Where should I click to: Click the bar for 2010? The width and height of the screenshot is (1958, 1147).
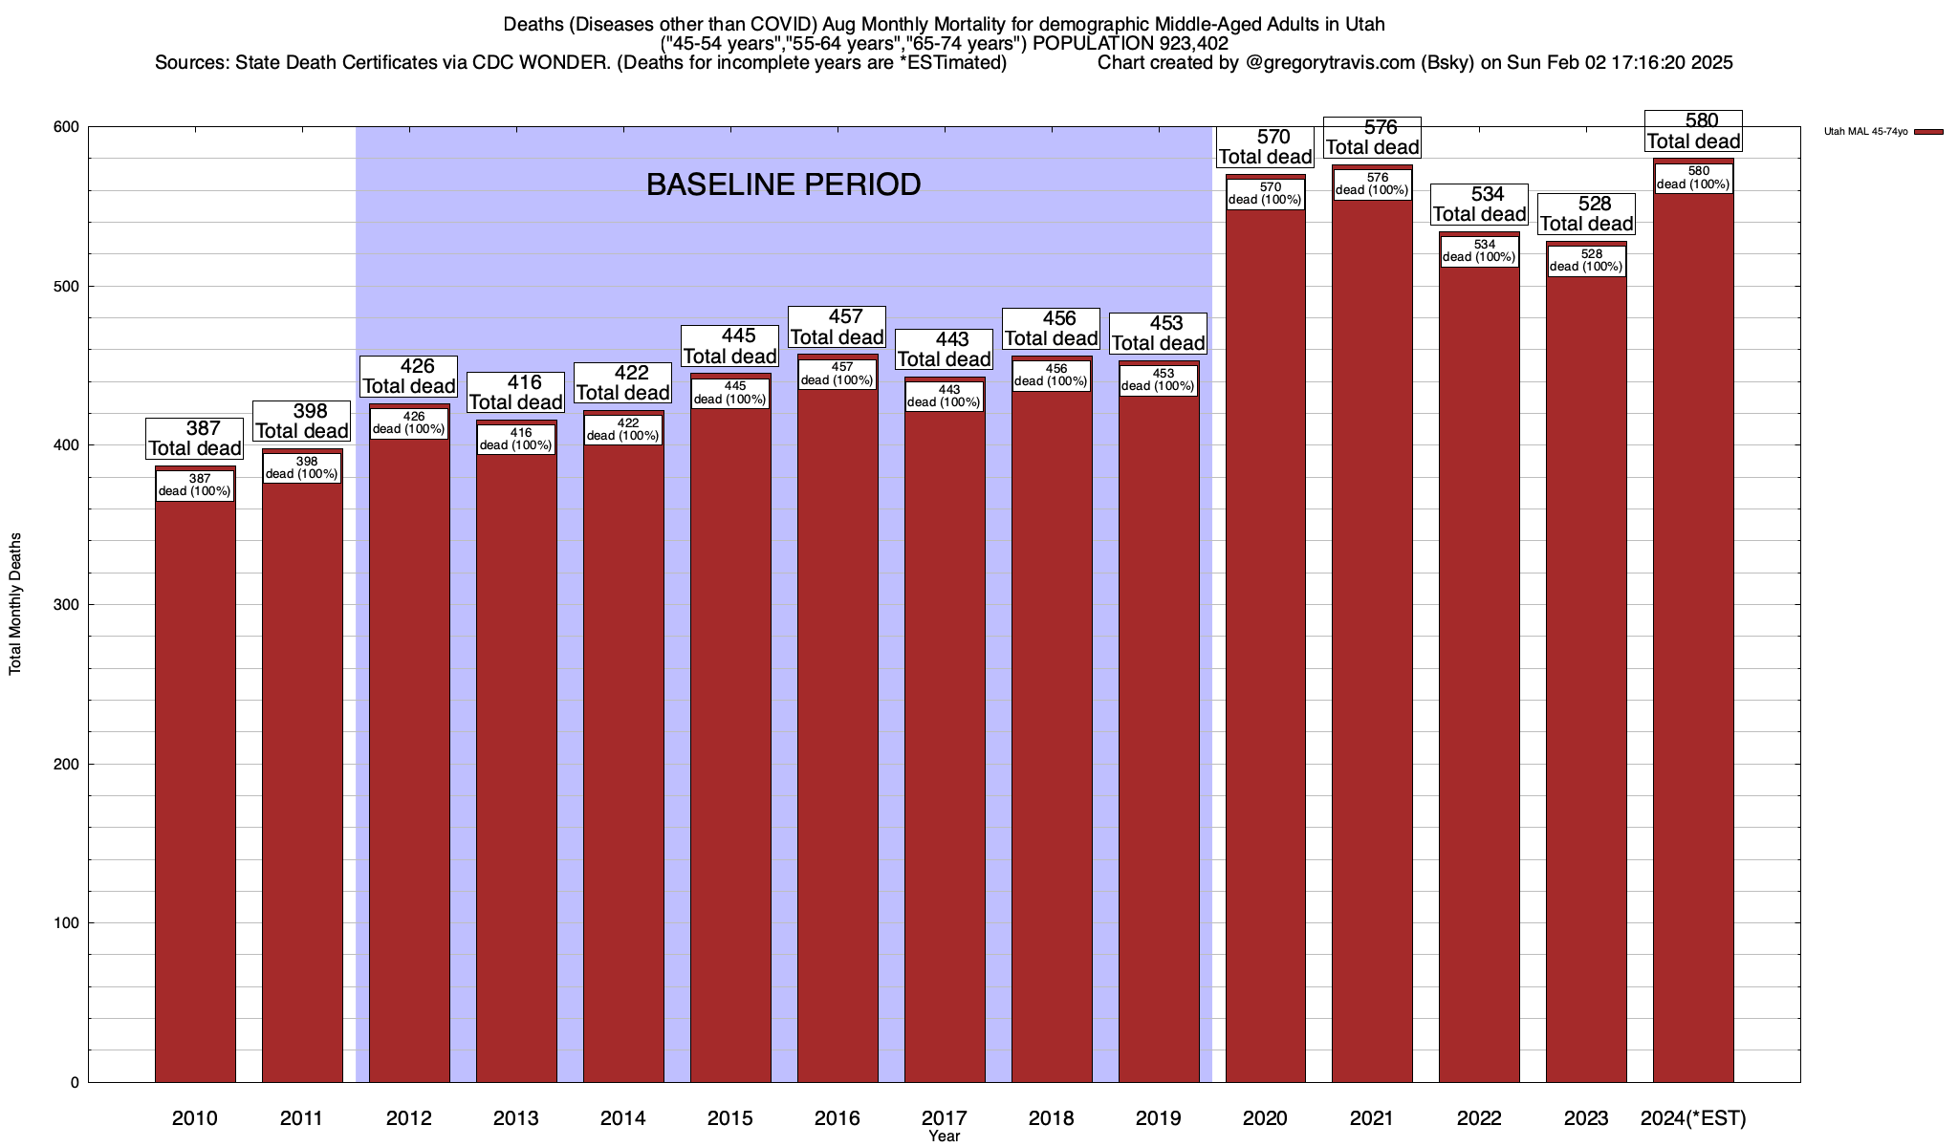pos(195,784)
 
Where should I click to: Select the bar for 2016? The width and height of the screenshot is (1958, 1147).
pos(838,746)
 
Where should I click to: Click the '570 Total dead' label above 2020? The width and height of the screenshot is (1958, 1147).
pos(1266,147)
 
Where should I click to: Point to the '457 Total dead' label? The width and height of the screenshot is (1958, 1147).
pos(838,327)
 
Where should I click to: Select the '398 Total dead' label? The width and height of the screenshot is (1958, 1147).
pos(302,421)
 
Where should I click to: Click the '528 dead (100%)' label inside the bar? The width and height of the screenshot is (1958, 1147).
pos(1586,261)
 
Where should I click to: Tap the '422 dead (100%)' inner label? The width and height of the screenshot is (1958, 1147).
pos(622,430)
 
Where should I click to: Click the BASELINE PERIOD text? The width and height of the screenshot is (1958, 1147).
pos(783,184)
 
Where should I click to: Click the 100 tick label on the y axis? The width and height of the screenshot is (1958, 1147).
pos(68,923)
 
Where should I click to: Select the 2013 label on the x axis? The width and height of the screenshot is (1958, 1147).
pos(516,1118)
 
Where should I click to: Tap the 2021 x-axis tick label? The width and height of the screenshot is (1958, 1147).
pos(1372,1118)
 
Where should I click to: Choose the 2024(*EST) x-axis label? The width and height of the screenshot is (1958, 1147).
pos(1693,1118)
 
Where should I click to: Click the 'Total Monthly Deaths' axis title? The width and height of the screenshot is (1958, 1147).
pos(15,604)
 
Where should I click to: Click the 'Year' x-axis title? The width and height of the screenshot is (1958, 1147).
pos(944,1136)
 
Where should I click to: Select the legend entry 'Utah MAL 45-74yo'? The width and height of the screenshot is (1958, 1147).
pos(1865,132)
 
